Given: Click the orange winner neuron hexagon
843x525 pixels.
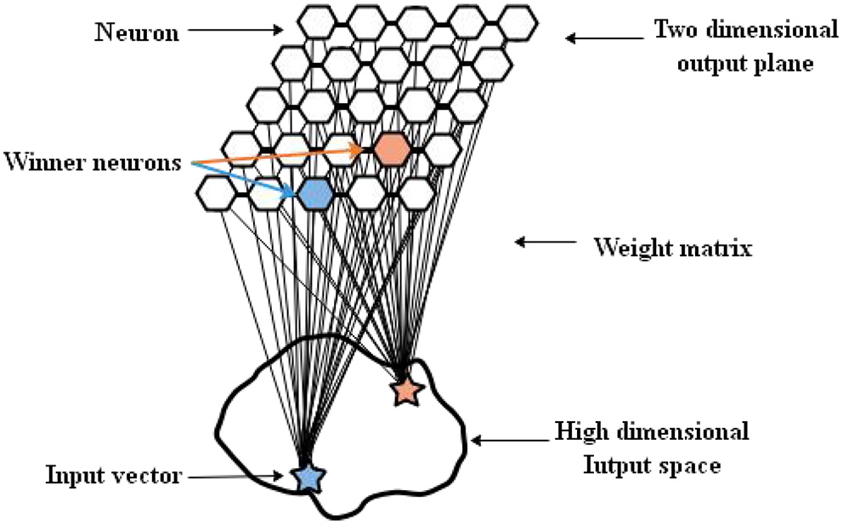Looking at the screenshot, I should coord(392,150).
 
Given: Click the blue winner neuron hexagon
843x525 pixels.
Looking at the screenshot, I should coord(314,194).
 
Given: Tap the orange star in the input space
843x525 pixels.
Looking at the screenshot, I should coord(406,391).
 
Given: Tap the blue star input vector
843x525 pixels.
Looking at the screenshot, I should coord(308,478).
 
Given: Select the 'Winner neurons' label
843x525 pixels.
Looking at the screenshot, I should coord(93,161).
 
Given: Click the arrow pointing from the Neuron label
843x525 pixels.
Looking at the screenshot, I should coord(235,31).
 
